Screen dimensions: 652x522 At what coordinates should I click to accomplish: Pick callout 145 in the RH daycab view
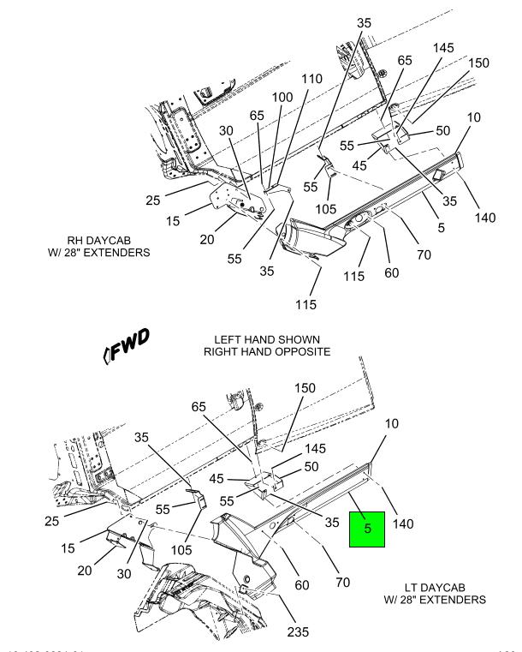pos(444,49)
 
